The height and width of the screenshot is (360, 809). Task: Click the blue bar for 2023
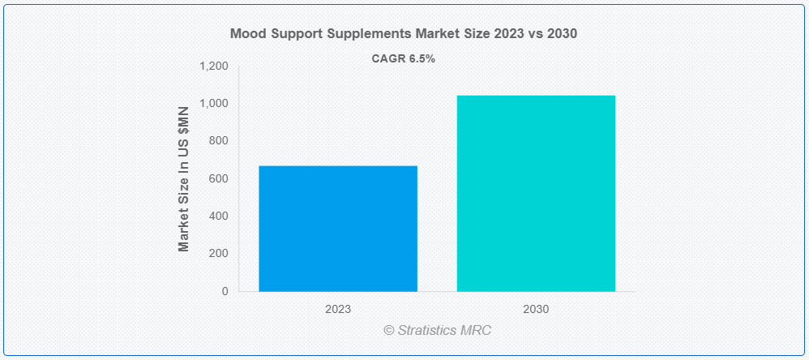pyautogui.click(x=338, y=229)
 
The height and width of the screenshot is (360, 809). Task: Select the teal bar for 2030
pyautogui.click(x=536, y=194)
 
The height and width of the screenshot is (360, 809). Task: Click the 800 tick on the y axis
pyautogui.click(x=219, y=141)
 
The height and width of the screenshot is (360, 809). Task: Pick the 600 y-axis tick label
pyautogui.click(x=219, y=179)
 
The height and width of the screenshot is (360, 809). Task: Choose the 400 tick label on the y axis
pyautogui.click(x=219, y=216)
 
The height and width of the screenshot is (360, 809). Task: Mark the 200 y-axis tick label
pyautogui.click(x=219, y=254)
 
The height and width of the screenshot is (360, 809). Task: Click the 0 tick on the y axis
pyautogui.click(x=225, y=291)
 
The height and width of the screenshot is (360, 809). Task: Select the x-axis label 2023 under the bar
pyautogui.click(x=338, y=310)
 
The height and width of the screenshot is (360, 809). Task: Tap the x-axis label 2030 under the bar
pyautogui.click(x=536, y=310)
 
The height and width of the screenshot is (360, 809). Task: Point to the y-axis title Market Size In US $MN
pyautogui.click(x=184, y=179)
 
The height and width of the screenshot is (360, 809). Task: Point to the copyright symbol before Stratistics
pyautogui.click(x=389, y=331)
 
